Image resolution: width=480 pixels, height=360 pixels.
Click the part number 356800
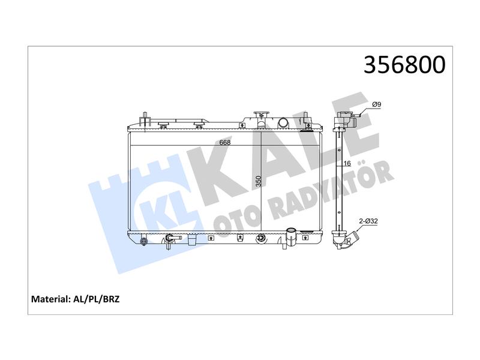pos(404,65)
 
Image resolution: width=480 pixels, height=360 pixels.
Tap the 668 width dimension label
pos(224,142)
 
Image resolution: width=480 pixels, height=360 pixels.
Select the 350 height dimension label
pos(259,181)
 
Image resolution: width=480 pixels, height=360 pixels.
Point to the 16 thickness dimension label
pos(347,163)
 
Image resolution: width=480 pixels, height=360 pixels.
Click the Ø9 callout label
pos(376,104)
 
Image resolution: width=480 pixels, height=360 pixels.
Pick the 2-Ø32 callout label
pos(368,221)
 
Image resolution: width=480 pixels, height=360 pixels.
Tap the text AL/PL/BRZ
pos(97,299)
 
